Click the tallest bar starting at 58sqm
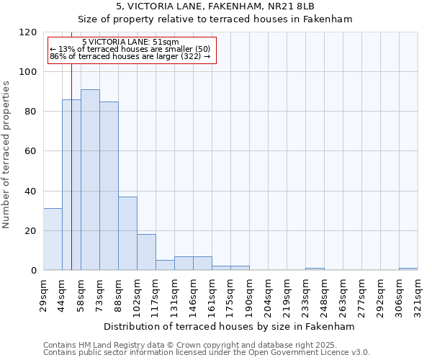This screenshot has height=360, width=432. click(x=90, y=180)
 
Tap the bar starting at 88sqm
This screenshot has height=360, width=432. click(x=127, y=233)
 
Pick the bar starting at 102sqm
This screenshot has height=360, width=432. click(x=146, y=252)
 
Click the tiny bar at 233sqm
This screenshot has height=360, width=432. click(x=315, y=269)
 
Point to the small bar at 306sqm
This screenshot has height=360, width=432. click(x=408, y=269)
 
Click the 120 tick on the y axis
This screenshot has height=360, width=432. click(x=28, y=32)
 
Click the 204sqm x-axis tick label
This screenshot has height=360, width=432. click(x=268, y=295)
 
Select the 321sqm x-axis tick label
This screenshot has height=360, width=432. click(x=418, y=295)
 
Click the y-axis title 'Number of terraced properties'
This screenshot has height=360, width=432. click(x=6, y=154)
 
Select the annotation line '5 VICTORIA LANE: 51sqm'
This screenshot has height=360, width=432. click(x=130, y=42)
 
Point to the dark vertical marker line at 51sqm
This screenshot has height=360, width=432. click(x=71, y=180)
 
